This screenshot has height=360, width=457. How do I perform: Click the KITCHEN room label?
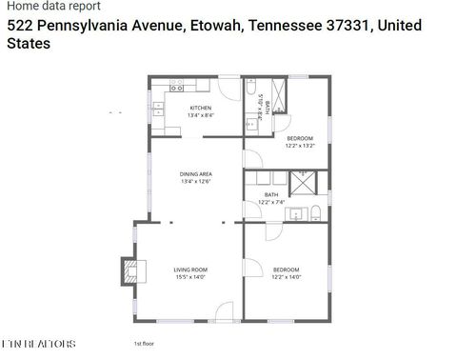[200, 108]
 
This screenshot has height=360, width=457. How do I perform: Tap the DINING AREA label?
[195, 174]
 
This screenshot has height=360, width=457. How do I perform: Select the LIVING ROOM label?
[190, 270]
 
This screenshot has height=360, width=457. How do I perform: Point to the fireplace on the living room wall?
[126, 270]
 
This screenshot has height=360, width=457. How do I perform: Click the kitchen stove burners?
[176, 87]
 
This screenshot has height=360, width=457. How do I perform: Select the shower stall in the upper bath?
[281, 98]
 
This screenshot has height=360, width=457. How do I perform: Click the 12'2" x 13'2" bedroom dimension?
[299, 147]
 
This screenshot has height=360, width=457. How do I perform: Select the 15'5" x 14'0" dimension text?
[190, 277]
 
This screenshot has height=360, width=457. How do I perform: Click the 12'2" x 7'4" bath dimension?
[271, 202]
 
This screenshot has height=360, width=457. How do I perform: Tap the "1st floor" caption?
[144, 343]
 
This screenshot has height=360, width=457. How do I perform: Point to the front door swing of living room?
[224, 310]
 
